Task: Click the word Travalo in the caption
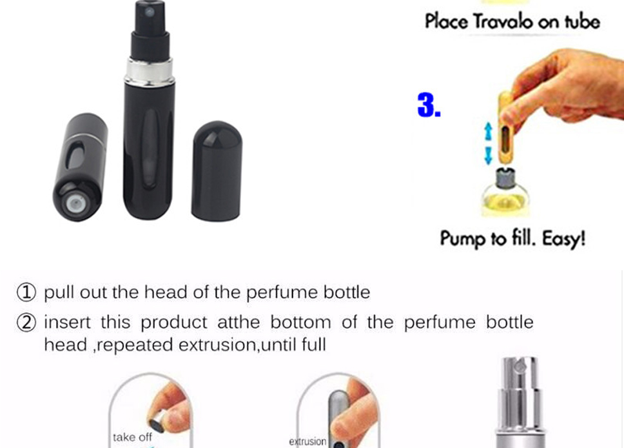pyautogui.click(x=503, y=21)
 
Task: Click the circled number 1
pyautogui.click(x=26, y=292)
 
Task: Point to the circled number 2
pyautogui.click(x=26, y=323)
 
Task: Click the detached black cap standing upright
pyautogui.click(x=217, y=170)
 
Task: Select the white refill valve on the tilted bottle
pyautogui.click(x=75, y=204)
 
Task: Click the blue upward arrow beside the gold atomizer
pyautogui.click(x=488, y=131)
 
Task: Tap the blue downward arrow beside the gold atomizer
pyautogui.click(x=488, y=156)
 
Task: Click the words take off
pyautogui.click(x=133, y=437)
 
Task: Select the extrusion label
pyautogui.click(x=307, y=442)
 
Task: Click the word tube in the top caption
pyautogui.click(x=582, y=21)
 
